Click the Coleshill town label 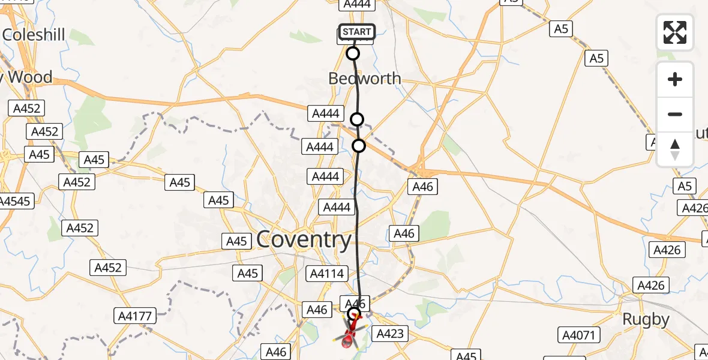(x=34, y=34)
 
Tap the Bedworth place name (x=364, y=79)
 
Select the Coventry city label (x=304, y=240)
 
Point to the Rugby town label (x=646, y=319)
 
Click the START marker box (x=357, y=32)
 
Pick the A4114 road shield (x=326, y=274)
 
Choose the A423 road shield (x=390, y=334)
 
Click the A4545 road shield (x=14, y=201)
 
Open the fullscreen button (x=675, y=32)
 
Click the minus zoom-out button (x=675, y=114)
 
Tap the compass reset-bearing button (x=675, y=149)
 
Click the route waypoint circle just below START (x=353, y=53)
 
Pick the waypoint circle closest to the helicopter (x=353, y=313)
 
